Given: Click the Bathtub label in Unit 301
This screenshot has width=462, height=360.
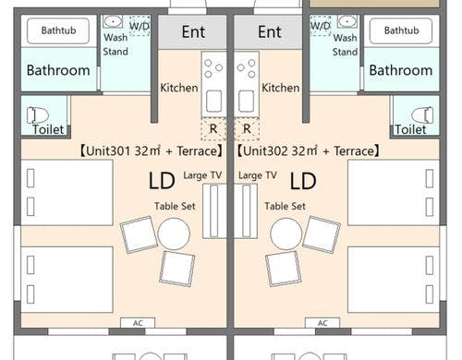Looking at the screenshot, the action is pos(58,30).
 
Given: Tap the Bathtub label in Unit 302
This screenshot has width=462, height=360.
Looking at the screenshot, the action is pos(402,30).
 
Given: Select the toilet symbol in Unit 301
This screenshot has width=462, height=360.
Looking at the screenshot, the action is pos(38,115).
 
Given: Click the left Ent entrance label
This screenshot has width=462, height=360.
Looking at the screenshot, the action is pos(193,32).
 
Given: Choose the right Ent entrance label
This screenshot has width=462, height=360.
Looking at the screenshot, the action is pos(270,32).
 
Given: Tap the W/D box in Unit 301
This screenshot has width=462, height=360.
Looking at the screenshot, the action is pos(140,26).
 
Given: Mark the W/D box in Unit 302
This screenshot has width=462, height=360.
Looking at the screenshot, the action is pos(321,26).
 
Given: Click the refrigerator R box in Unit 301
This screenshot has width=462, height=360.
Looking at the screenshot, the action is pos(213,128).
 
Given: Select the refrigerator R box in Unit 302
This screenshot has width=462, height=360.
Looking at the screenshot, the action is pos(247,128).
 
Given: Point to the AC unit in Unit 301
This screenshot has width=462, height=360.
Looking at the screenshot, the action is pos(138,323).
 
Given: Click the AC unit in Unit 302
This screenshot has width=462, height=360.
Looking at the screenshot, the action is pos(322,323).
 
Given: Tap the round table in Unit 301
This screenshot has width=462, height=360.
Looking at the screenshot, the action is pos(174,234).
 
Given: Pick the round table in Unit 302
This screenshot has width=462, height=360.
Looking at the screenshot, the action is pos(286,234).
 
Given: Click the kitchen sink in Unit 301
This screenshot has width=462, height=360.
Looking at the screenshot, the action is pos(213,101).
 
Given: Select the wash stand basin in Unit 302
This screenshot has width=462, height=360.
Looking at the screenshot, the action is pos(347,21).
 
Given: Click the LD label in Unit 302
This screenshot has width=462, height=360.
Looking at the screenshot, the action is pos(303,181).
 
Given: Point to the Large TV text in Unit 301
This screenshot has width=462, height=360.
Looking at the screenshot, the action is pos(202,175).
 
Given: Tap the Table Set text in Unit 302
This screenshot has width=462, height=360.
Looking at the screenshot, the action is pos(285,206).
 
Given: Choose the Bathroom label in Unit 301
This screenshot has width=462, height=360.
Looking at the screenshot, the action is pos(58,70).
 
